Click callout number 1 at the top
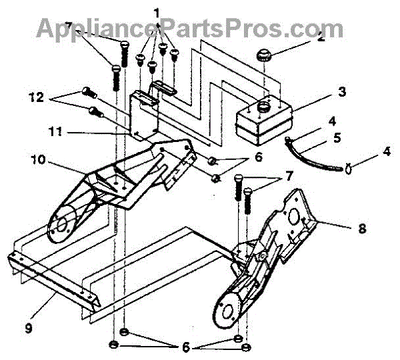point(157,13)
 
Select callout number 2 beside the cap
point(321,37)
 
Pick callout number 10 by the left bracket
point(38,160)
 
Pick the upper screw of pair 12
point(87,91)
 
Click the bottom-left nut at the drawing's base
point(113,345)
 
